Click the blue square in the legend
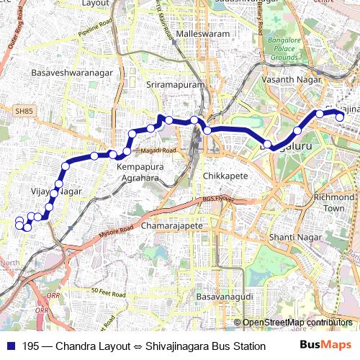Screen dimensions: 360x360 tap(9, 346)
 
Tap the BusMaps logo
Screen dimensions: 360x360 tap(325, 346)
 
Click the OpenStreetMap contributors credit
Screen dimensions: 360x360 tap(297, 323)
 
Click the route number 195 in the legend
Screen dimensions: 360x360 tap(30, 346)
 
